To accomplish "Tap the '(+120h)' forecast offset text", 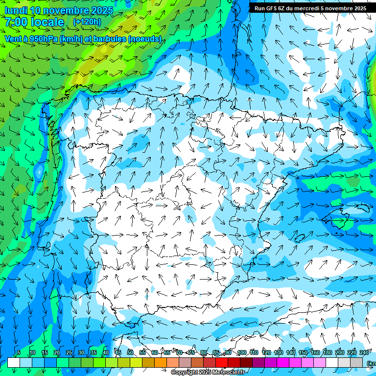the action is [87, 22].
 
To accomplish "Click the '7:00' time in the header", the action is [16, 22].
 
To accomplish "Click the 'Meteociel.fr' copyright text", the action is [228, 373].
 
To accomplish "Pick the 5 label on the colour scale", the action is [19, 352].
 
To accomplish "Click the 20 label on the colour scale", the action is [57, 352].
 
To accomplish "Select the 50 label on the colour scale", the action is [130, 352].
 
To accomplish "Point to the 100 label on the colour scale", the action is [241, 352].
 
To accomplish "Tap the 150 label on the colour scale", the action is [303, 352].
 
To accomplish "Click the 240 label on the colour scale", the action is [364, 352].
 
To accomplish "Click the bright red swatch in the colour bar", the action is [222, 363].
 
